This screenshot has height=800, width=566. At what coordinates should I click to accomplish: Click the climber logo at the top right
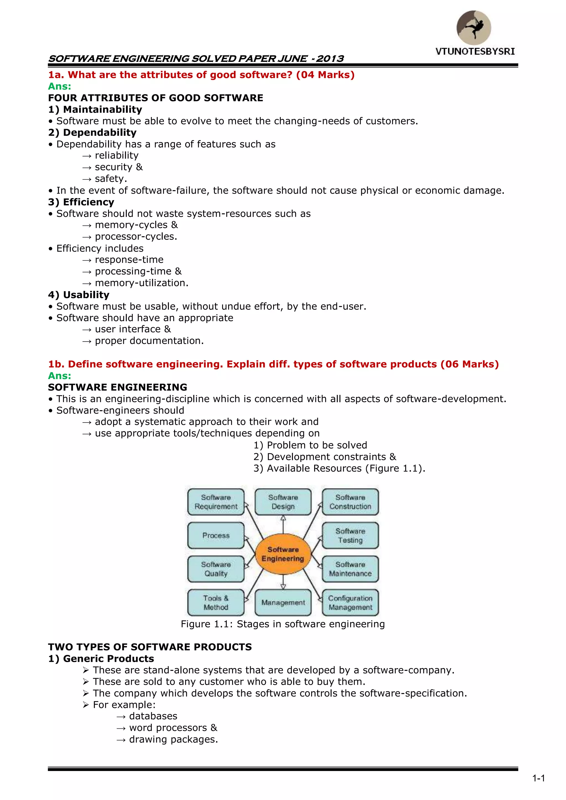click(474, 28)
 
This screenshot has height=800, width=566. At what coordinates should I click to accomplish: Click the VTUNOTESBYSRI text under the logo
click(475, 52)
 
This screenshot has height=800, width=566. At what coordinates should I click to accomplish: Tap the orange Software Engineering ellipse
click(283, 554)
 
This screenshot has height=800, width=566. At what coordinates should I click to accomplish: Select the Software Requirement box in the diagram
click(216, 502)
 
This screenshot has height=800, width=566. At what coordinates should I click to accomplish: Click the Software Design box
click(283, 502)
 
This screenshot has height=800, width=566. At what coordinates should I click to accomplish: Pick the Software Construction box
click(350, 502)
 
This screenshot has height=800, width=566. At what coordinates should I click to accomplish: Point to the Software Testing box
click(350, 535)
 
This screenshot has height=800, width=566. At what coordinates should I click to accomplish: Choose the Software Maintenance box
click(350, 569)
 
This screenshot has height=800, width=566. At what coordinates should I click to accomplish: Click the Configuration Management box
click(350, 602)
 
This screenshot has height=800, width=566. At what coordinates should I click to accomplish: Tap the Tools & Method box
click(216, 602)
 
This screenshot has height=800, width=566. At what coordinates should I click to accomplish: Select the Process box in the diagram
click(216, 535)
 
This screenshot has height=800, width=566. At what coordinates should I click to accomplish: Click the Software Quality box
click(216, 569)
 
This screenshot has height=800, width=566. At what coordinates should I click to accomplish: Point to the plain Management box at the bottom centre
click(283, 602)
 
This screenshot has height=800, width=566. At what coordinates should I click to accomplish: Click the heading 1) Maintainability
click(95, 109)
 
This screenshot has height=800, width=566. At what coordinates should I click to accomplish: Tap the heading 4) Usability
click(79, 295)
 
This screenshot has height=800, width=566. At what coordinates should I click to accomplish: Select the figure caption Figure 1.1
click(283, 624)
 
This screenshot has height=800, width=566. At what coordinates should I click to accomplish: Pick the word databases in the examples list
click(153, 716)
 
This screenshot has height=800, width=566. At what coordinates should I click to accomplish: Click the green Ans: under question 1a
click(60, 86)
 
